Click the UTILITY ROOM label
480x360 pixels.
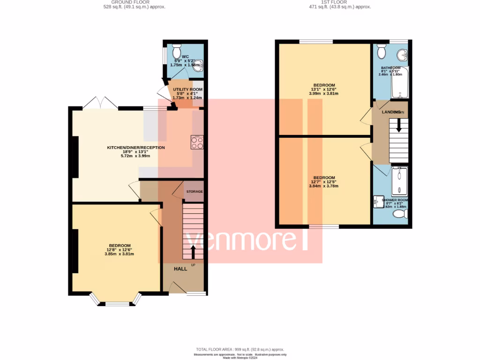[187, 89]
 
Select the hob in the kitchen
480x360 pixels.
[197, 142]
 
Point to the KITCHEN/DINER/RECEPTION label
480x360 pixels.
[136, 148]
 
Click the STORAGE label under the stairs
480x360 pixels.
[194, 192]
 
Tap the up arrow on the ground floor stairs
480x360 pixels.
[193, 252]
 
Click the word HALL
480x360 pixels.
[180, 269]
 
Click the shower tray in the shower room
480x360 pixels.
[399, 180]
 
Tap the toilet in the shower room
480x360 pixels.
[400, 214]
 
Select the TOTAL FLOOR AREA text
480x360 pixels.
[240, 350]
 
